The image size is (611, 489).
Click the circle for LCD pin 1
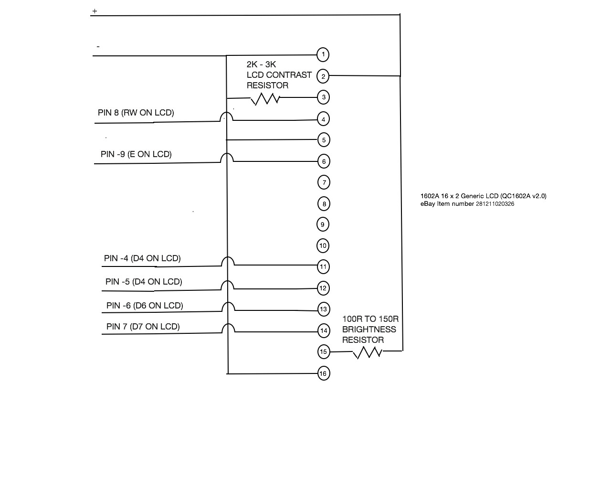(323, 54)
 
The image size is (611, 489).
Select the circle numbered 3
(324, 97)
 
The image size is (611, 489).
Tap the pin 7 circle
(324, 182)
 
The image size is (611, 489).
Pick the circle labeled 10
(323, 246)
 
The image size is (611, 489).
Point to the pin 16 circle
(323, 373)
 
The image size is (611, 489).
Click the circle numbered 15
(324, 352)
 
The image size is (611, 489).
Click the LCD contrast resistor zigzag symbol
(265, 99)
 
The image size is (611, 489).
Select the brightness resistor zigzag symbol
(368, 352)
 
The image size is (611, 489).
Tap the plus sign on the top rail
(95, 11)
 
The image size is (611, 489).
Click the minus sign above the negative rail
(98, 47)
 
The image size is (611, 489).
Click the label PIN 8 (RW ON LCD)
(136, 113)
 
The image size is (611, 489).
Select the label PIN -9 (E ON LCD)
(136, 154)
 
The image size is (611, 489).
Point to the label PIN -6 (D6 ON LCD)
(145, 306)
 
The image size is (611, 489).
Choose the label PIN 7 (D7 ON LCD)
(143, 327)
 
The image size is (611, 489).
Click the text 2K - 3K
(261, 64)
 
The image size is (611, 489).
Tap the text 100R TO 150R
(370, 319)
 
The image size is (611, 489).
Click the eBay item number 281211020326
(495, 204)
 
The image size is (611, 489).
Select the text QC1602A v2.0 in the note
(523, 196)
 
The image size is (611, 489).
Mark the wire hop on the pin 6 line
(227, 158)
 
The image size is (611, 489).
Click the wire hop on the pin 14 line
(228, 329)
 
